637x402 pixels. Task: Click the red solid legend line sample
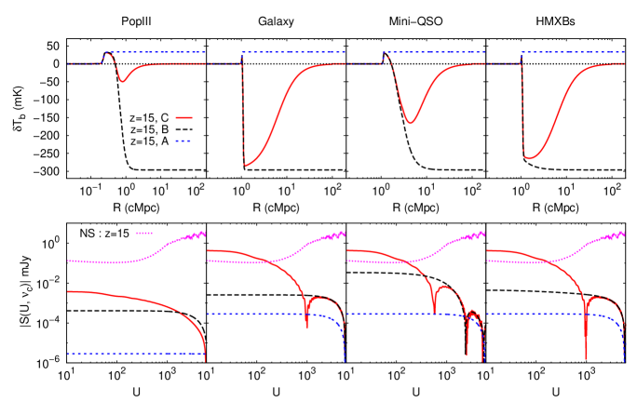pyautogui.click(x=183, y=117)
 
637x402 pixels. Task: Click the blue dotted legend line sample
pyautogui.click(x=183, y=141)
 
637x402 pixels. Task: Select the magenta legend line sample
pyautogui.click(x=143, y=233)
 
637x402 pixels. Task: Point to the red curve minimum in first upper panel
pyautogui.click(x=122, y=82)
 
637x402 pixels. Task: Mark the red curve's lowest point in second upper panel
pyautogui.click(x=246, y=166)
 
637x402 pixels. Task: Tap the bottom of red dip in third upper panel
pyautogui.click(x=409, y=123)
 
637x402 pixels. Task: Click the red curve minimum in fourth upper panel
pyautogui.click(x=528, y=158)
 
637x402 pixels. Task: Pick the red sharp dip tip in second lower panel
pyautogui.click(x=306, y=328)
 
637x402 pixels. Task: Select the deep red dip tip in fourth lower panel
pyautogui.click(x=586, y=358)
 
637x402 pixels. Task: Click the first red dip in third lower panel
pyautogui.click(x=434, y=313)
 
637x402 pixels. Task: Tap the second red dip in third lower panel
pyautogui.click(x=467, y=354)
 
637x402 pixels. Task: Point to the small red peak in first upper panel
pyautogui.click(x=108, y=54)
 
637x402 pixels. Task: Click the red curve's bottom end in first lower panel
pyautogui.click(x=205, y=360)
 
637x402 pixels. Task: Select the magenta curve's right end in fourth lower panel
pyautogui.click(x=624, y=232)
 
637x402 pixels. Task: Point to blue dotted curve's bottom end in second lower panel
pyautogui.click(x=345, y=361)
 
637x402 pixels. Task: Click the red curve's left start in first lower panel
pyautogui.click(x=68, y=291)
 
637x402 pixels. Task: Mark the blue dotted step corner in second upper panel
pyautogui.click(x=242, y=53)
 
